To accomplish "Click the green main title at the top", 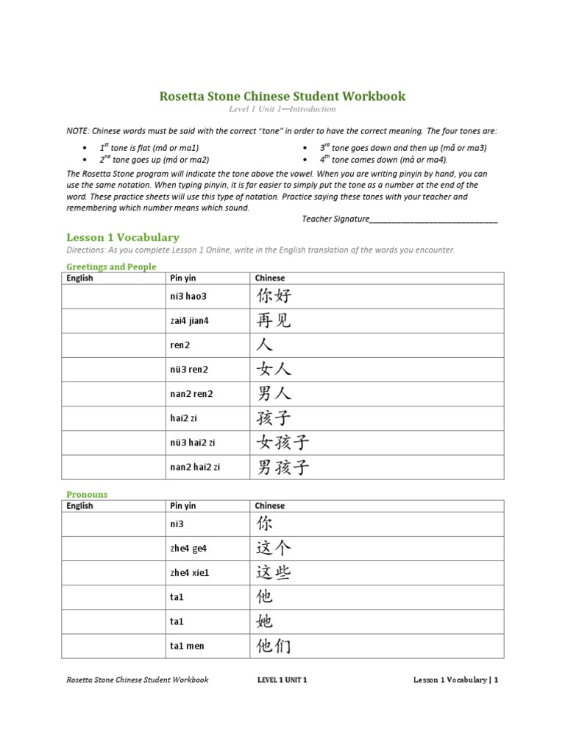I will pyautogui.click(x=282, y=96).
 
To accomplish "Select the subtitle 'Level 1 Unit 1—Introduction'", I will pyautogui.click(x=282, y=110).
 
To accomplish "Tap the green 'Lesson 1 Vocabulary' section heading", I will pyautogui.click(x=123, y=237).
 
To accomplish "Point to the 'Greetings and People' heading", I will pyautogui.click(x=111, y=267).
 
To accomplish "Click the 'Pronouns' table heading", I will pyautogui.click(x=87, y=494).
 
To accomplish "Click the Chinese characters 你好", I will pyautogui.click(x=274, y=297).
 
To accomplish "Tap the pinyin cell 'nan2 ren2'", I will pyautogui.click(x=191, y=394).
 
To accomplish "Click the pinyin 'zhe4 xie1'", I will pyautogui.click(x=190, y=572).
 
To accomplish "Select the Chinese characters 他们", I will pyautogui.click(x=274, y=646).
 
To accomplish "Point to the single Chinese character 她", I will pyautogui.click(x=264, y=621).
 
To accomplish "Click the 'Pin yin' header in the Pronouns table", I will pyautogui.click(x=183, y=506).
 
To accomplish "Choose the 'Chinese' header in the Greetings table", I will pyautogui.click(x=269, y=278).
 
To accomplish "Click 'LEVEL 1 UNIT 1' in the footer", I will pyautogui.click(x=282, y=680).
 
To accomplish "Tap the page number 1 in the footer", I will pyautogui.click(x=497, y=680).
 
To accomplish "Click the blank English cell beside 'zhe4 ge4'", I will pyautogui.click(x=113, y=549).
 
